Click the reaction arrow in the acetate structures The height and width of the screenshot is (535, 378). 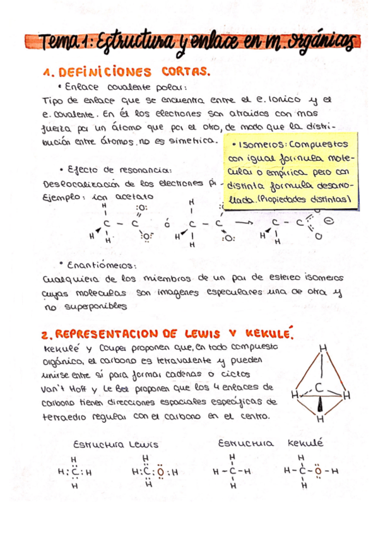(242, 222)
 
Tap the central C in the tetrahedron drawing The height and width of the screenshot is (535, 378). (320, 387)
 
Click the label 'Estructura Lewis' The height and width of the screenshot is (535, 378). (115, 444)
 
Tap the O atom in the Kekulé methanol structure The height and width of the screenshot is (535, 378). (317, 471)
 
